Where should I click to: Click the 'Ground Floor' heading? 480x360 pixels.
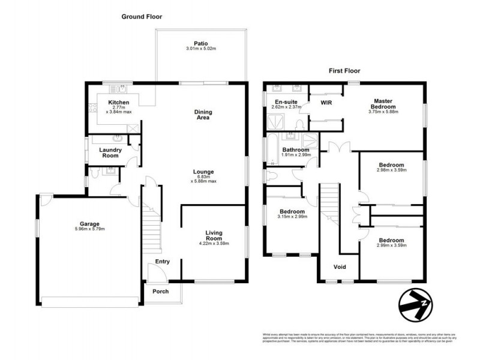[x=142, y=17]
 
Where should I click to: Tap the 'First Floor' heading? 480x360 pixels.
[x=344, y=70]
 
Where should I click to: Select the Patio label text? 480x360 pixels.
[x=200, y=43]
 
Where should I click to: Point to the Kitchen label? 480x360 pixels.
[x=119, y=103]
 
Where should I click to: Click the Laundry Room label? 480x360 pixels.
[x=110, y=152]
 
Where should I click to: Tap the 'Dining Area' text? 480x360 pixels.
[x=203, y=115]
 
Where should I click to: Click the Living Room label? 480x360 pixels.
[x=214, y=235]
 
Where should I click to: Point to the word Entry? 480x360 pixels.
[x=163, y=262]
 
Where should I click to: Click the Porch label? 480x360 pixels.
[x=160, y=292]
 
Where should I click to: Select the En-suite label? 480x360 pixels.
[x=286, y=103]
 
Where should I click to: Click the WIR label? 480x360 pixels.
[x=326, y=103]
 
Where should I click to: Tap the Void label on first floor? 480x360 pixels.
[x=340, y=267]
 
